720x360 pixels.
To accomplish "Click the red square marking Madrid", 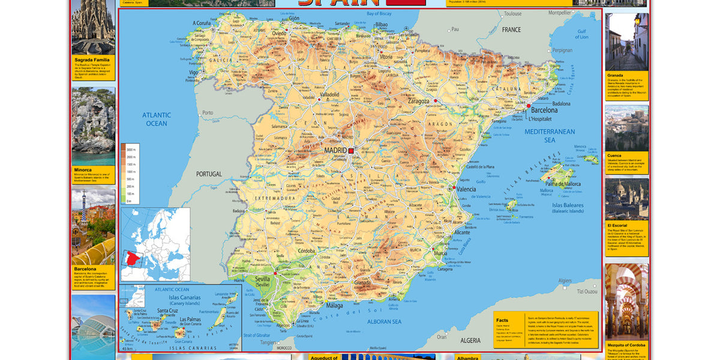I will point(352,151).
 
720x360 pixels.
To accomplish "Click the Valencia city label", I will point(466,189).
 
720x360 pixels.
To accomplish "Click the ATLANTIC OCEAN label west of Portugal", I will point(157,119).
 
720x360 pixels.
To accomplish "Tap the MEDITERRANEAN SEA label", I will point(550,136).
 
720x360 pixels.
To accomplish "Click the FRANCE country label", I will point(511,29).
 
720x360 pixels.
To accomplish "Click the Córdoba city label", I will point(307,251).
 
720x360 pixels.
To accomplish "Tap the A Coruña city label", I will point(202,23).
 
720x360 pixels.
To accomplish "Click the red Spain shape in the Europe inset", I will point(133,259).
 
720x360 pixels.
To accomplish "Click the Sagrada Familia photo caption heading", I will point(92,60).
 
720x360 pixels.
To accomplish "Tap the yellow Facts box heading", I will point(502,321).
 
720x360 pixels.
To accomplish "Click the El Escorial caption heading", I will point(617,226).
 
